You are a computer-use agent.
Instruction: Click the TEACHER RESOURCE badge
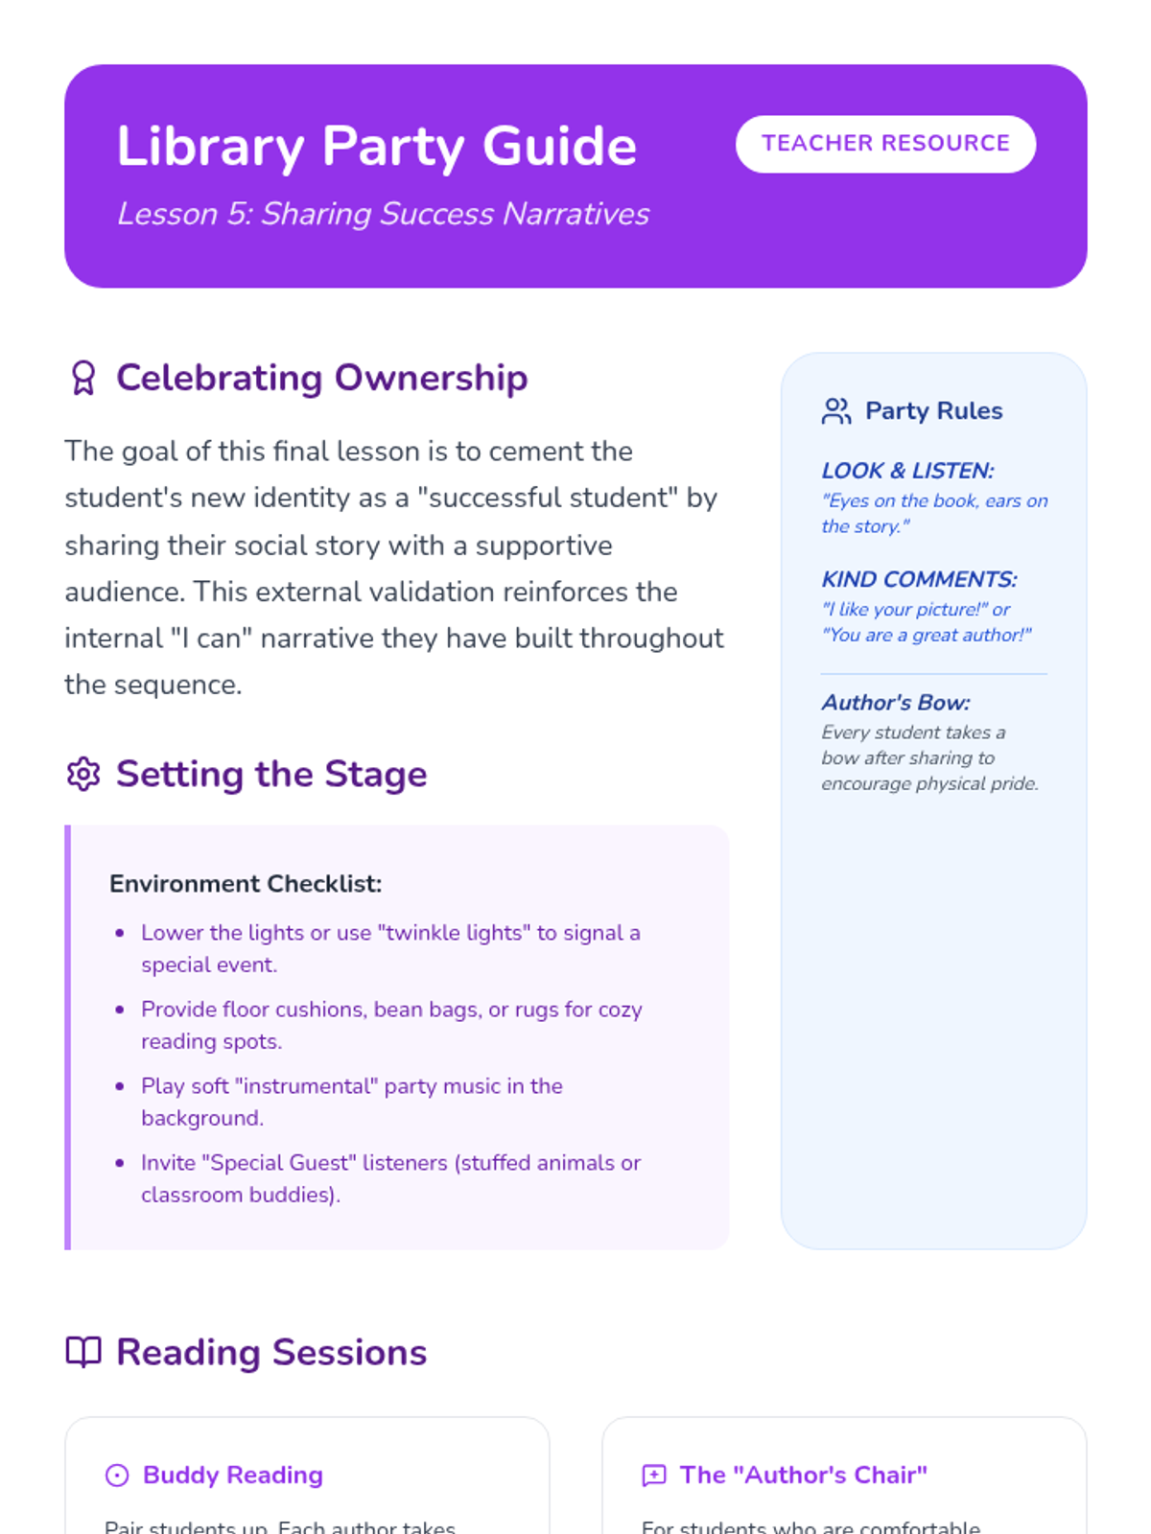pos(885,144)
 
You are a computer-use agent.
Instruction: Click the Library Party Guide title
pos(376,146)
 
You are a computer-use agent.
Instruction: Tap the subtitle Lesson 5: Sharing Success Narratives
pos(383,214)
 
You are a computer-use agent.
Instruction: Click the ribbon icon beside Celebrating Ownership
pos(83,378)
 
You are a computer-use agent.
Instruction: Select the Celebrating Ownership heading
pos(321,378)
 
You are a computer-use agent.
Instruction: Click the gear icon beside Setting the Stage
pos(83,774)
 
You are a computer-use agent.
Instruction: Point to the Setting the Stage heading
pos(271,774)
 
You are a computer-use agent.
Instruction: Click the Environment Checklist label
pos(246,883)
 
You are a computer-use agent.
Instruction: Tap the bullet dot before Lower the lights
pos(120,933)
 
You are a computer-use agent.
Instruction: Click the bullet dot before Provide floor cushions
pos(120,1010)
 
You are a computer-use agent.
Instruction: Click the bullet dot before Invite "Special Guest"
pos(120,1163)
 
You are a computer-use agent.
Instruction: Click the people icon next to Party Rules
pos(836,411)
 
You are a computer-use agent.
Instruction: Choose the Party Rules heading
pos(933,410)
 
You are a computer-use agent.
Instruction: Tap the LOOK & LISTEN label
pos(907,471)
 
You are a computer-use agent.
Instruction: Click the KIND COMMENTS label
pos(919,579)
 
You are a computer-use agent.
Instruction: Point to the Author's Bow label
pos(896,703)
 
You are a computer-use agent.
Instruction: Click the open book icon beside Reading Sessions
pos(83,1352)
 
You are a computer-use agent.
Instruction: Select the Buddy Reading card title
pos(233,1475)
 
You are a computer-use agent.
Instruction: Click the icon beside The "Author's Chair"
pos(654,1475)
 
